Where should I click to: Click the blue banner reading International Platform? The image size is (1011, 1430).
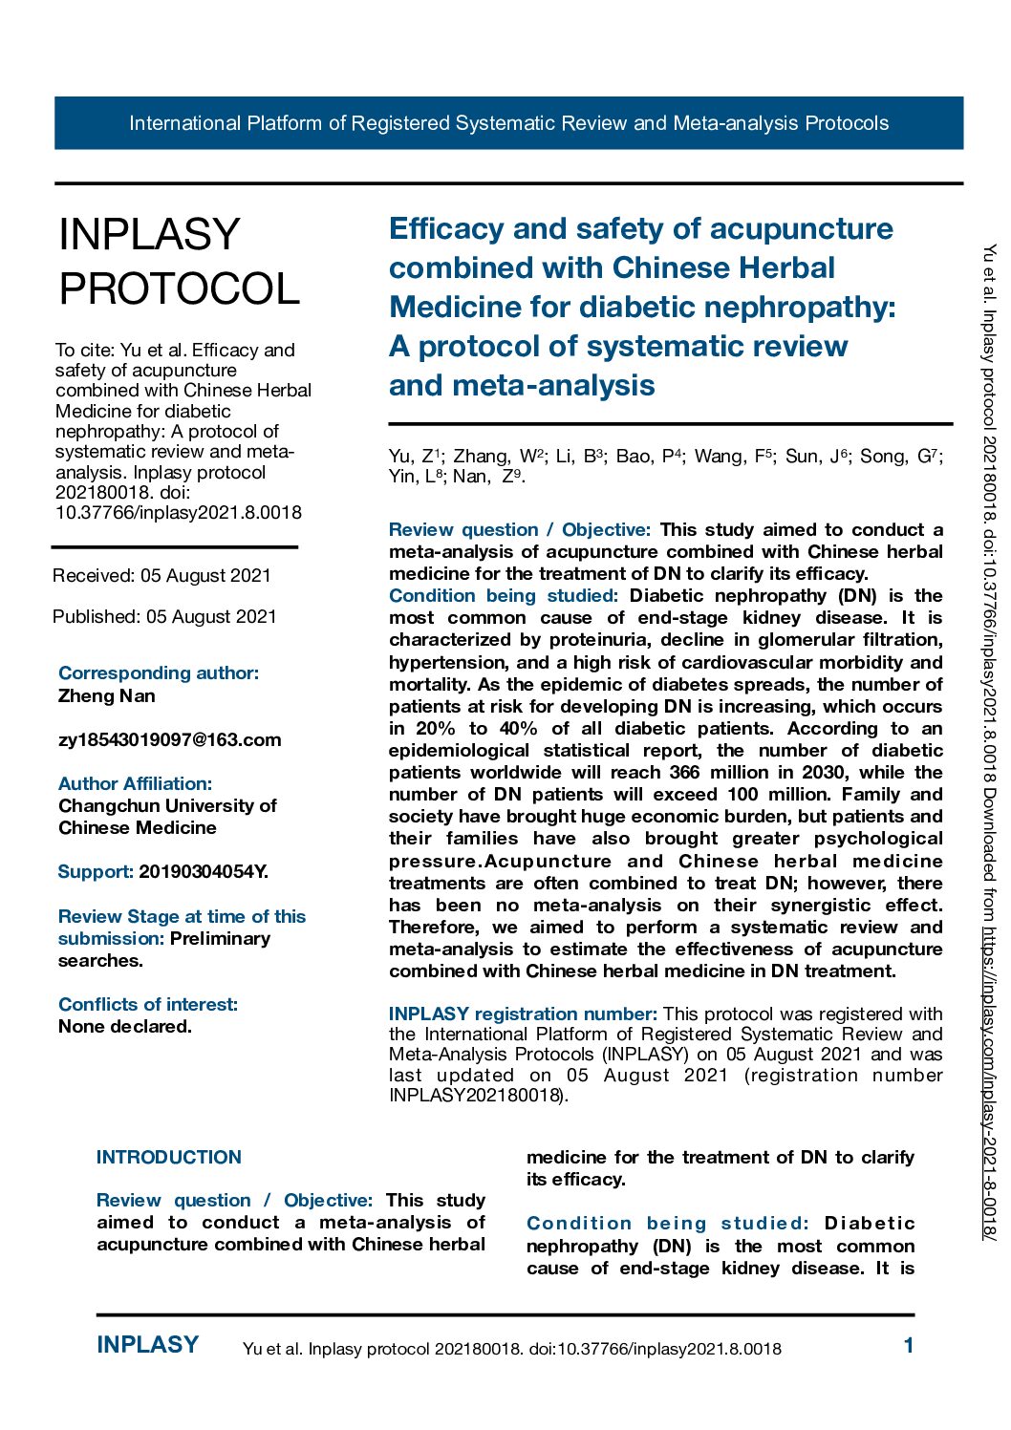[508, 123]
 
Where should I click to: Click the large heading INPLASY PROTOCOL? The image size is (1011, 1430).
[179, 261]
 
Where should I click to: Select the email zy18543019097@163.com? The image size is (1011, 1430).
[169, 739]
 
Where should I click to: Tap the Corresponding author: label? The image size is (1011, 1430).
[158, 672]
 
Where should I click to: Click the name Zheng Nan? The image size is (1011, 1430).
[106, 695]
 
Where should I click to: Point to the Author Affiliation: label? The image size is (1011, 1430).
[135, 783]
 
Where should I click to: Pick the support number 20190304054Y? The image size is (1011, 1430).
[203, 871]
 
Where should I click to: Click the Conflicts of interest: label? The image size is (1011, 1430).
[147, 1004]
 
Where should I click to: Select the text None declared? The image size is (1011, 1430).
[124, 1026]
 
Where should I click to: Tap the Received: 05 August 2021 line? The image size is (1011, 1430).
[161, 575]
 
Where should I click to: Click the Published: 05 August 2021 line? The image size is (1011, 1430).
[164, 616]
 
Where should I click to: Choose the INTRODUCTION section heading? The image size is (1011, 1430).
[168, 1157]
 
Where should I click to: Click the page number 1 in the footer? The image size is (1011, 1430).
[908, 1345]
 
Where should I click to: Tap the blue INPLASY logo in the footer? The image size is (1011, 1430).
[147, 1345]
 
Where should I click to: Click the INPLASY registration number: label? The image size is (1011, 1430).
[522, 1014]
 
